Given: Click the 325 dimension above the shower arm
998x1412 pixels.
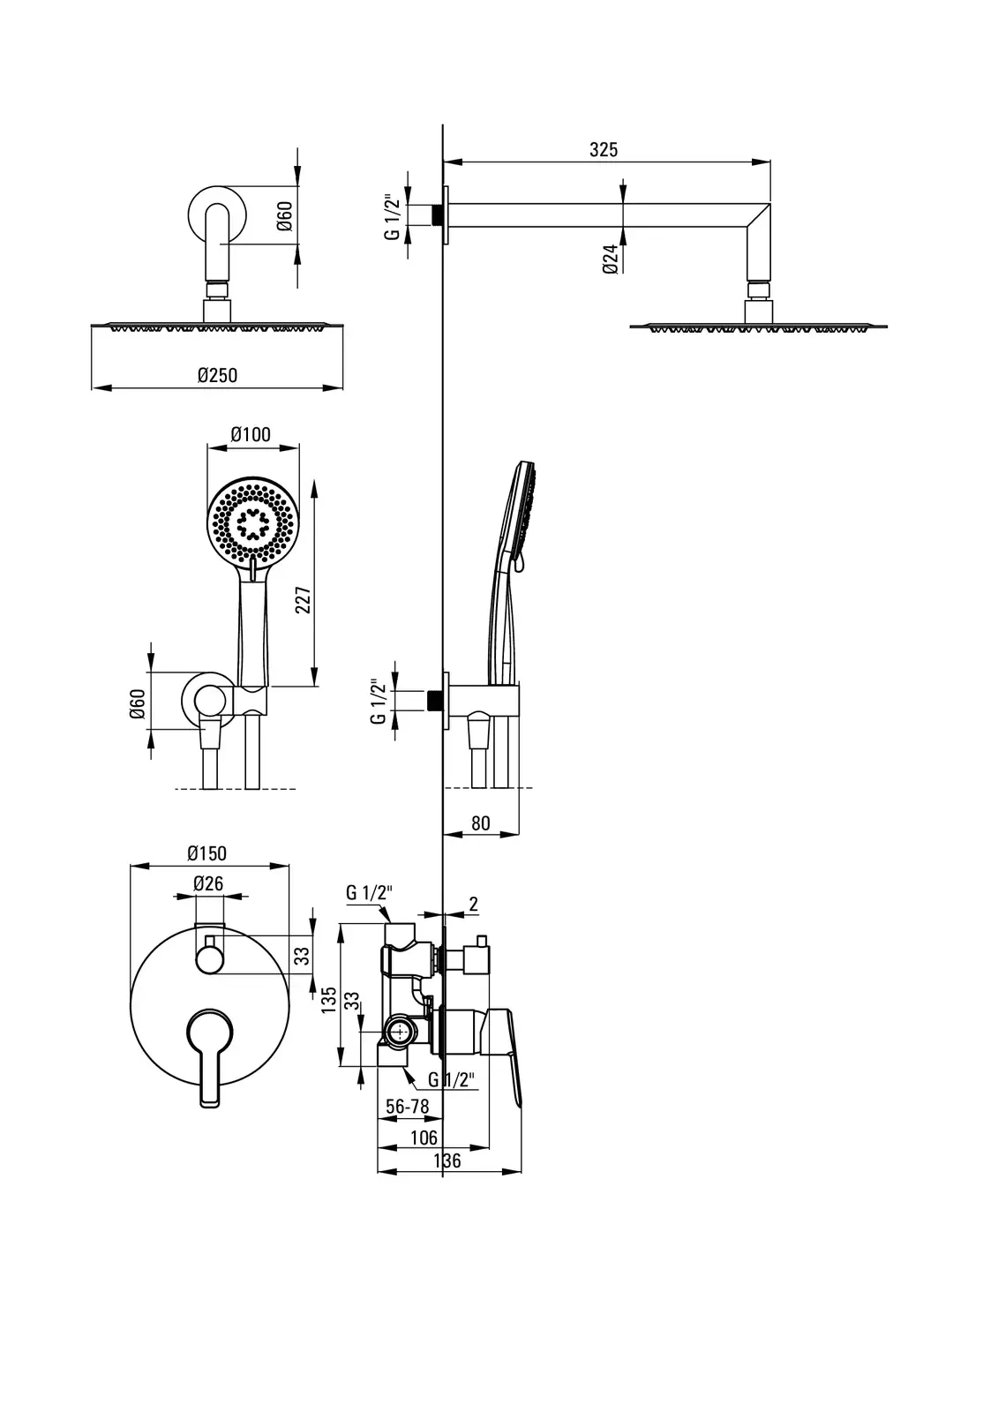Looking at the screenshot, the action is pos(604,149).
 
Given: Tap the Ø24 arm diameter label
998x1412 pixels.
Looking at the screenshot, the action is pos(610,259).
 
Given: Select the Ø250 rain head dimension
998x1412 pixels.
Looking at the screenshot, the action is pos(217,375).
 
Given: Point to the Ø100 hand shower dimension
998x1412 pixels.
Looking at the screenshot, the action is pos(251,434).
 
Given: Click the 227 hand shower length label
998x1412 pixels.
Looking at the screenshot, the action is pos(304,599).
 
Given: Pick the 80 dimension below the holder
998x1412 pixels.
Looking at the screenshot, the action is pos(480,823).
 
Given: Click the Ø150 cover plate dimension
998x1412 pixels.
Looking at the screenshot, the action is pos(206,852).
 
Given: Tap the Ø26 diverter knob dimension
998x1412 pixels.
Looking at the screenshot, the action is pos(208,883).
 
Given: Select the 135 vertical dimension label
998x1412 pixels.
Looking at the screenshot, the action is pos(329,1000).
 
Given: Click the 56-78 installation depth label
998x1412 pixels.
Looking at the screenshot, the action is pos(407,1107).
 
